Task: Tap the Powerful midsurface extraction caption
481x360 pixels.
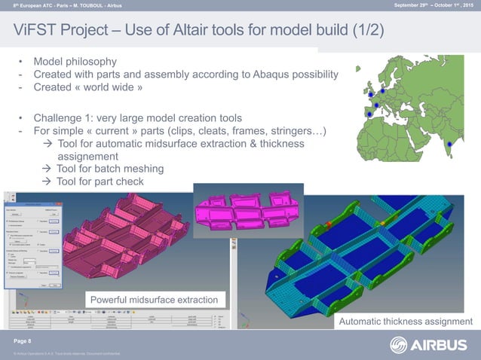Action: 154,301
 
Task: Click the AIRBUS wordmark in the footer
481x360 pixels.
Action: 440,346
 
